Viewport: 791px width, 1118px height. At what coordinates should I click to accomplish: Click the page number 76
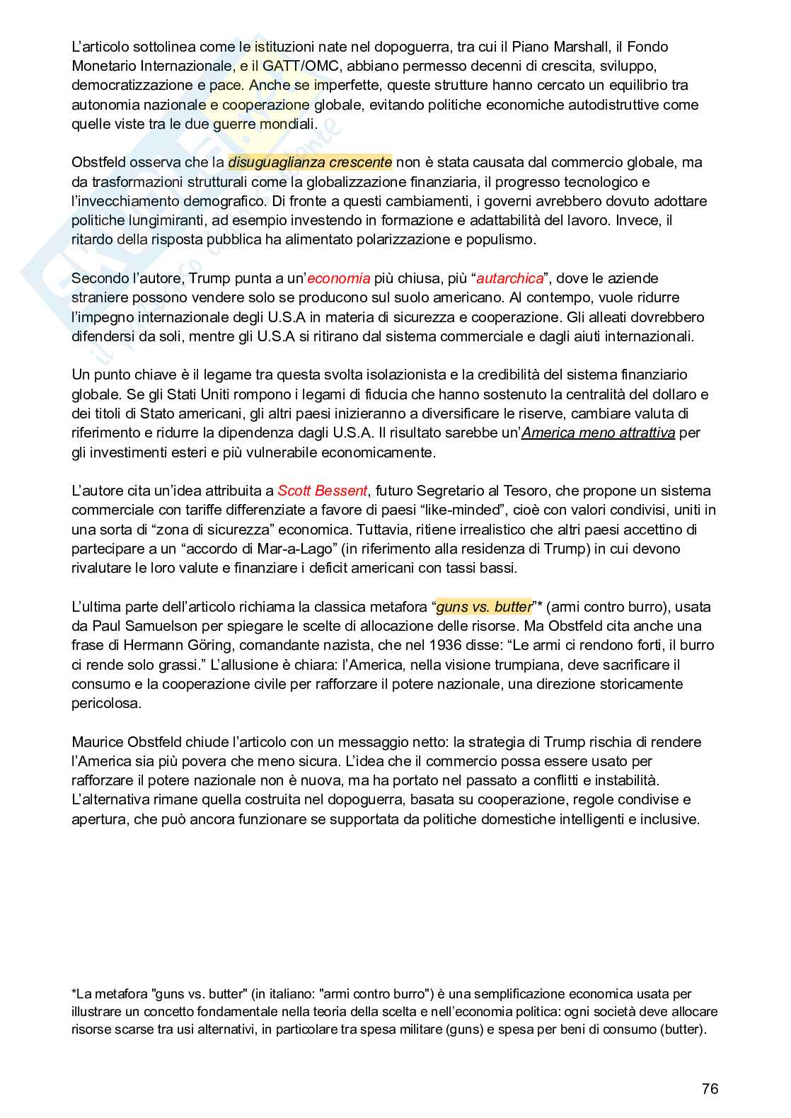710,1088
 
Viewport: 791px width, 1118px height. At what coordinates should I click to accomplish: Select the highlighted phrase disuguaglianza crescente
310,162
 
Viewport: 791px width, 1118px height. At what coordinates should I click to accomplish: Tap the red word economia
338,278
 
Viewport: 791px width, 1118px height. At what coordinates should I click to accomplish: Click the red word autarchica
509,278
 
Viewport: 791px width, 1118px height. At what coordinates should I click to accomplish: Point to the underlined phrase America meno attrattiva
598,433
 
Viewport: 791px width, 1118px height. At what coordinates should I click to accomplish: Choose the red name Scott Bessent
322,491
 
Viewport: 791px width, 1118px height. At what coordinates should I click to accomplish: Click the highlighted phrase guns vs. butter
484,607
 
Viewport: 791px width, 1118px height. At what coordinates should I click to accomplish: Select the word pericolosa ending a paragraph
106,703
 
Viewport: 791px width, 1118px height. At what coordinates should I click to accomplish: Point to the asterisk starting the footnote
74,993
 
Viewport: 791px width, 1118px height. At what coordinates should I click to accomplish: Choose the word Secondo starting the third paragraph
97,278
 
